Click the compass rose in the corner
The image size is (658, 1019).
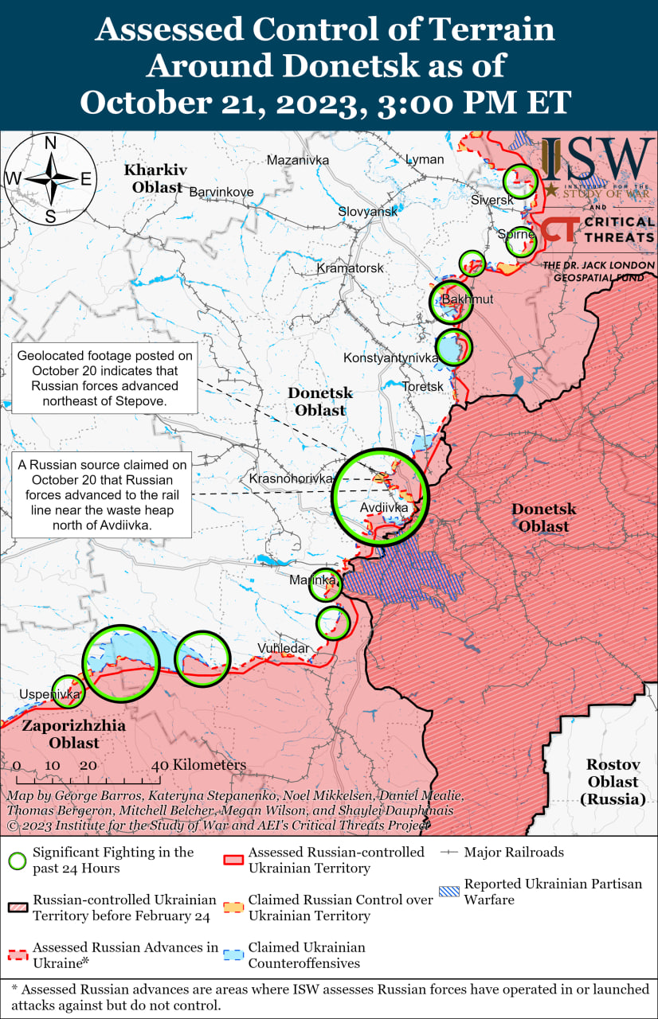(x=49, y=179)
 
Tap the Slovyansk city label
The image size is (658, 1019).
(x=367, y=212)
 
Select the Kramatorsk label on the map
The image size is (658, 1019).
(x=350, y=268)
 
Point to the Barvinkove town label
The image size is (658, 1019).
(x=221, y=192)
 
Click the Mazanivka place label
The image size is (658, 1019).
(x=297, y=160)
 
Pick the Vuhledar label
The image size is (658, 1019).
(x=283, y=649)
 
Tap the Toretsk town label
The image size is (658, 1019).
(x=423, y=386)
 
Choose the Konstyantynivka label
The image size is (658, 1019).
(x=390, y=358)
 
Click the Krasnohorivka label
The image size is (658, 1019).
(x=290, y=479)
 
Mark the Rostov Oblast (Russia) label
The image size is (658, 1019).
(x=613, y=781)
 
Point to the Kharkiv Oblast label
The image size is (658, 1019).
(x=155, y=178)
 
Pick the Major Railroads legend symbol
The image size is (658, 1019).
(x=449, y=853)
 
